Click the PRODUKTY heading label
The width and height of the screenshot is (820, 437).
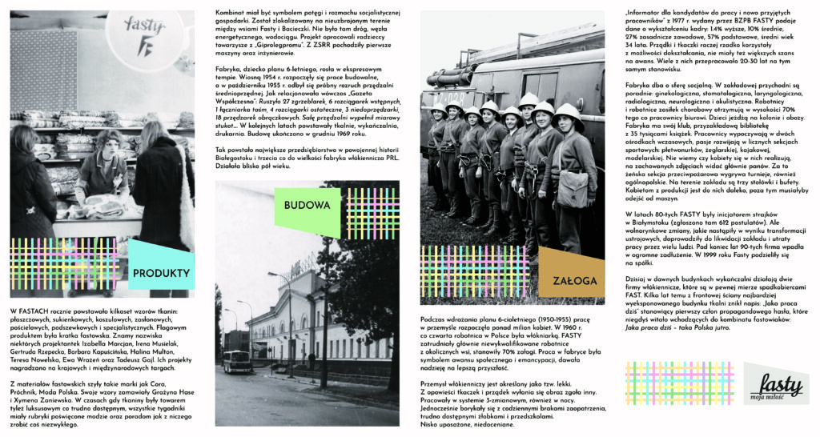click(x=162, y=273)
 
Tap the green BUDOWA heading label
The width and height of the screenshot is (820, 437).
click(x=307, y=205)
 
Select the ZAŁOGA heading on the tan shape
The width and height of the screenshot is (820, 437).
click(x=574, y=281)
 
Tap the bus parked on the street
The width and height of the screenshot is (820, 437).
click(x=238, y=363)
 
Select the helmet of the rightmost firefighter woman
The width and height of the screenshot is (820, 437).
click(x=568, y=113)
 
